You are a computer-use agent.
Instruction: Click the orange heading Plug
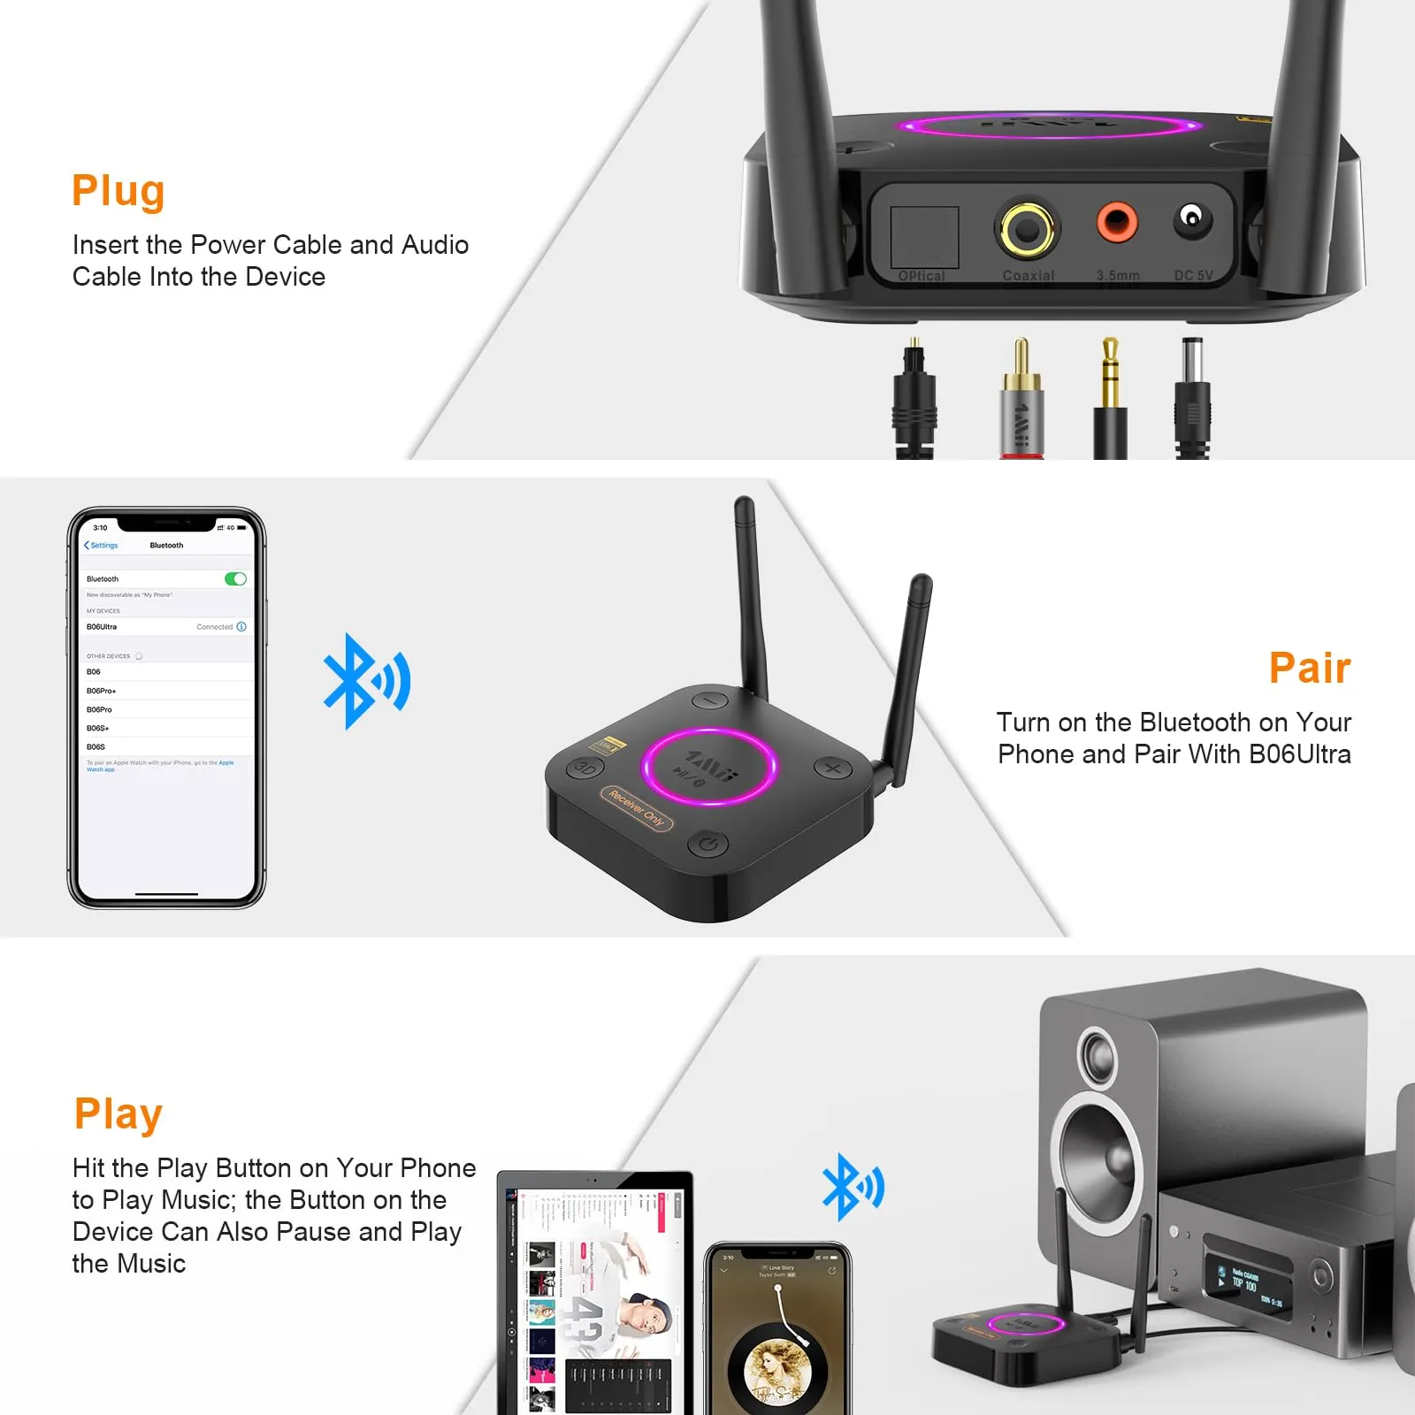click(119, 191)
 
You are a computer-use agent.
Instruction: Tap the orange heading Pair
click(1310, 668)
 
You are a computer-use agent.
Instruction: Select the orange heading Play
click(119, 1113)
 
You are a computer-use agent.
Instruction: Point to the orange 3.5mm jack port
click(1116, 222)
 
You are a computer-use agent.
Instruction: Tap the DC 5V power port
click(1192, 218)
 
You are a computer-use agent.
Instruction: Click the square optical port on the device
click(924, 236)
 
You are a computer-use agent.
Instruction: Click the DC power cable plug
click(1192, 398)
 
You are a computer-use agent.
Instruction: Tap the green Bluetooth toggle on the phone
click(235, 579)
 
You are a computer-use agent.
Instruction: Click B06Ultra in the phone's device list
click(102, 627)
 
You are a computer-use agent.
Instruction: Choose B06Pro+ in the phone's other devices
click(102, 691)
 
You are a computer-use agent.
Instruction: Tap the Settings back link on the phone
click(102, 546)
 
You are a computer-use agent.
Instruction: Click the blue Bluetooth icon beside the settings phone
click(365, 682)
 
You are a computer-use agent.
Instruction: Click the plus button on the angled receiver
click(832, 768)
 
